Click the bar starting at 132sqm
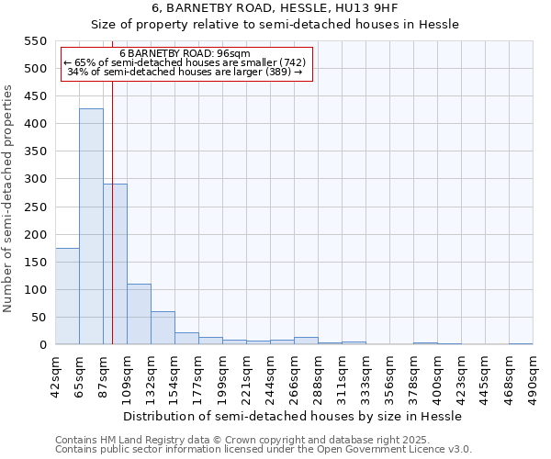pos(163,328)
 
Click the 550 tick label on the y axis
pos(34,41)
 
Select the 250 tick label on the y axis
pos(34,207)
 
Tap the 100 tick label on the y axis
pos(34,290)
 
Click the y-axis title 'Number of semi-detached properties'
pos(9,198)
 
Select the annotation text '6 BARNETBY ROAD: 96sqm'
pos(185,53)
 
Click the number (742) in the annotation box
pos(287,62)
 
